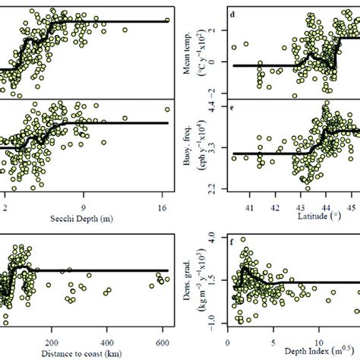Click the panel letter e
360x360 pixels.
[240, 119]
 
